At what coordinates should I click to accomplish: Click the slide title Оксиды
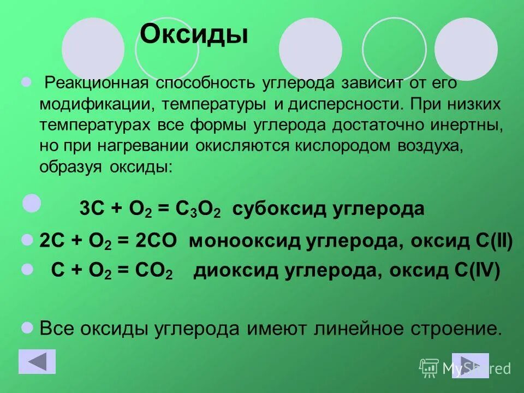pyautogui.click(x=194, y=35)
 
